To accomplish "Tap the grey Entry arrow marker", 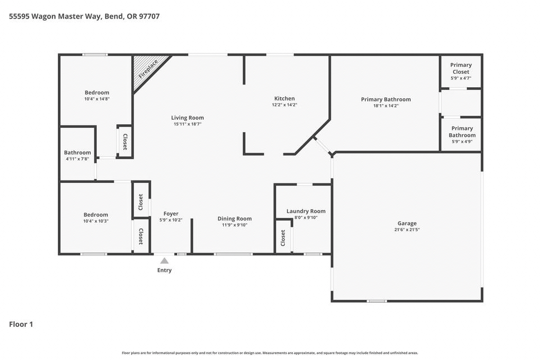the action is [164, 261].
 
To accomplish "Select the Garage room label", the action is [407, 223].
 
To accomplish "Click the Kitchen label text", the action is [285, 98].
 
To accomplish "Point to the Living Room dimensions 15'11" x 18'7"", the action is [188, 124].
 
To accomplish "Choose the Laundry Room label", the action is [306, 211].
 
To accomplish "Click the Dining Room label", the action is [235, 219].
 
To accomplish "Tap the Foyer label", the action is [171, 214].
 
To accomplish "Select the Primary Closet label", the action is [461, 68].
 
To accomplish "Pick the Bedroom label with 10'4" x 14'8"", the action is [97, 92].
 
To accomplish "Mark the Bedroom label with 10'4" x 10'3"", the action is [96, 215].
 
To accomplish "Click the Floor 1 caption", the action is [21, 324].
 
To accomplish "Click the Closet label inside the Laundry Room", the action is [283, 238].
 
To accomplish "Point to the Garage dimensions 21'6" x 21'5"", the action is [407, 229].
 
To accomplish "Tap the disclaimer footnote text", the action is [270, 353].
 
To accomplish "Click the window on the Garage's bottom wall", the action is [377, 301].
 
